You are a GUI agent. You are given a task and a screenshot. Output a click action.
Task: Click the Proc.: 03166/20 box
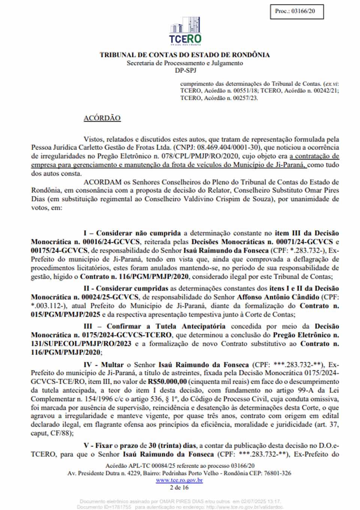pyautogui.click(x=296, y=12)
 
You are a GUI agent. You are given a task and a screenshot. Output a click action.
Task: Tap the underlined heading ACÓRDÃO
pyautogui.click(x=102, y=118)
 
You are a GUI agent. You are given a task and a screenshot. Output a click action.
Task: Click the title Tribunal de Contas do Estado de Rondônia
pyautogui.click(x=184, y=55)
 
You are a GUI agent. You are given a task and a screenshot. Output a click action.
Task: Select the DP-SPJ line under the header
pyautogui.click(x=185, y=70)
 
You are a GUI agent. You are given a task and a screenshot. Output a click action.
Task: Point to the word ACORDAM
pyautogui.click(x=103, y=182)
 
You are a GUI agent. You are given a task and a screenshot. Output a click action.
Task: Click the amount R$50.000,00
pyautogui.click(x=167, y=382)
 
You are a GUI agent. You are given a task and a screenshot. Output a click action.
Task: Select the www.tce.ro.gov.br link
pyautogui.click(x=179, y=480)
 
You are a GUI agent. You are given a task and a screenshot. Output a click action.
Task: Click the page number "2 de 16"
pyautogui.click(x=179, y=487)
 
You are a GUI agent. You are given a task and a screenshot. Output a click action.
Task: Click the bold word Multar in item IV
pyautogui.click(x=112, y=365)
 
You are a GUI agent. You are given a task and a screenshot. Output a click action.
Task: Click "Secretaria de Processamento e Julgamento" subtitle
pyautogui.click(x=184, y=63)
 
